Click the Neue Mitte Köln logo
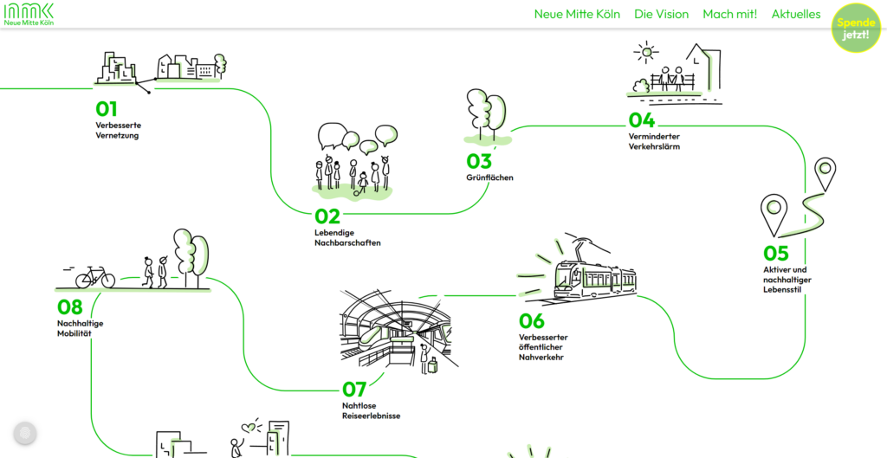click(29, 14)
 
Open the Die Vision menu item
click(661, 14)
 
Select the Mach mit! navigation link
click(729, 14)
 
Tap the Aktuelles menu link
click(795, 14)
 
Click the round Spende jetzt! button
click(856, 28)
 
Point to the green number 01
click(107, 109)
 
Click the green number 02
click(327, 216)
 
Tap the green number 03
click(479, 161)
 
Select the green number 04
click(642, 120)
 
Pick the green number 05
click(776, 253)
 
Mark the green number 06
click(532, 321)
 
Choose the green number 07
click(355, 390)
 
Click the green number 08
click(70, 306)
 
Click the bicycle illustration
click(95, 277)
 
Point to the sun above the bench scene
click(644, 53)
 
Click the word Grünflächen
click(489, 177)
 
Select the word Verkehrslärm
click(654, 147)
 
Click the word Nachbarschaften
click(347, 243)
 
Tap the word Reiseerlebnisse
click(371, 416)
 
